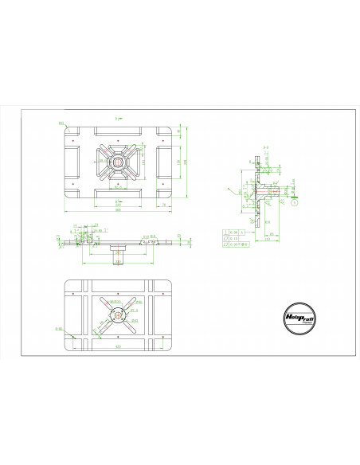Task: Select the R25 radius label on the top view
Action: coord(61,123)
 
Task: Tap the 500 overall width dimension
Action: coord(119,211)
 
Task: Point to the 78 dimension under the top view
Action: coord(163,205)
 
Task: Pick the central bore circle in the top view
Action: coord(119,162)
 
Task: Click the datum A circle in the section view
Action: coord(294,202)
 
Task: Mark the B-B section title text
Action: coord(119,117)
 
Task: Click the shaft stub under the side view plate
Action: coord(119,255)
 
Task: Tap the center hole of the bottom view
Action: coord(119,315)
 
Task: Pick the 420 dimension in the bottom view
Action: coord(119,347)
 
